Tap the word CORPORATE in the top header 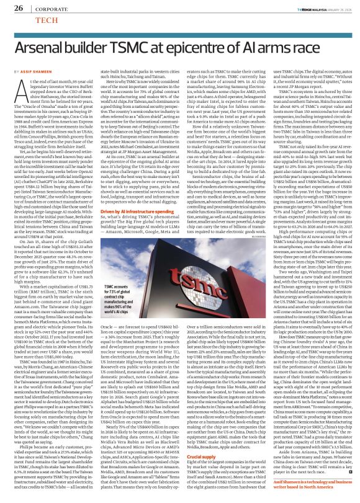click(x=49, y=9)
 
